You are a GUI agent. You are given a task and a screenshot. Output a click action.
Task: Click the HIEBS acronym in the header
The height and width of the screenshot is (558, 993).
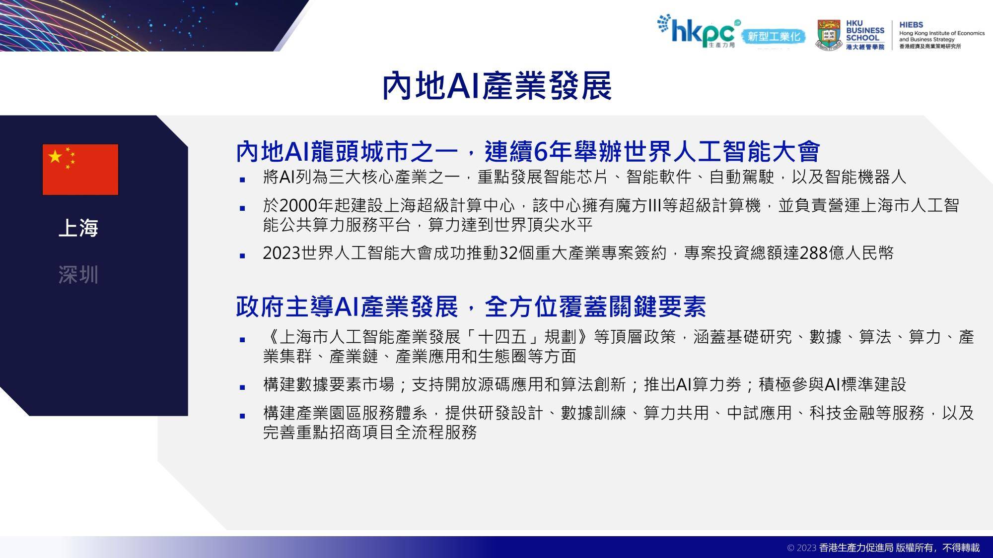[911, 24]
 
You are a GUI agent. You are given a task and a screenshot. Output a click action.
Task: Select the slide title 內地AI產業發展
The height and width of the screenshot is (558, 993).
[496, 86]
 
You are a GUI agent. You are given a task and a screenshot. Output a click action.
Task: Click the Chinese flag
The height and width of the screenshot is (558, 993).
[80, 170]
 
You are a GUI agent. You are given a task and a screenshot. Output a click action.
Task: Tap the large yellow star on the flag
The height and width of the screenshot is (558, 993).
[55, 157]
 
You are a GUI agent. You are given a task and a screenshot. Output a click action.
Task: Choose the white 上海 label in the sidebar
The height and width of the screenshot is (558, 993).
[78, 228]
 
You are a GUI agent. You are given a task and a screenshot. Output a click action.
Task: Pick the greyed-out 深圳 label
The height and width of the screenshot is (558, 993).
[78, 274]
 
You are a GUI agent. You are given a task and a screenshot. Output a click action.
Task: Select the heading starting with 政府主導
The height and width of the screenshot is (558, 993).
[471, 307]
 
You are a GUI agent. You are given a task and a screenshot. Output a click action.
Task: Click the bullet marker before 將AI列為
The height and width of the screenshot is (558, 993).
[242, 180]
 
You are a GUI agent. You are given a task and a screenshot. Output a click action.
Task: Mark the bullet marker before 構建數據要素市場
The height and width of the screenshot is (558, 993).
[242, 387]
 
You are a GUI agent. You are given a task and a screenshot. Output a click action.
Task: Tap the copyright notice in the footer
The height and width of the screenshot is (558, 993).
[884, 548]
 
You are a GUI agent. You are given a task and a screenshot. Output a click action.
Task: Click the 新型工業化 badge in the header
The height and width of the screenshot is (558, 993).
[774, 37]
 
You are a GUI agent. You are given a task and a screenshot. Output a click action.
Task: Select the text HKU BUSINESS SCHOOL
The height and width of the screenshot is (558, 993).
[865, 30]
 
